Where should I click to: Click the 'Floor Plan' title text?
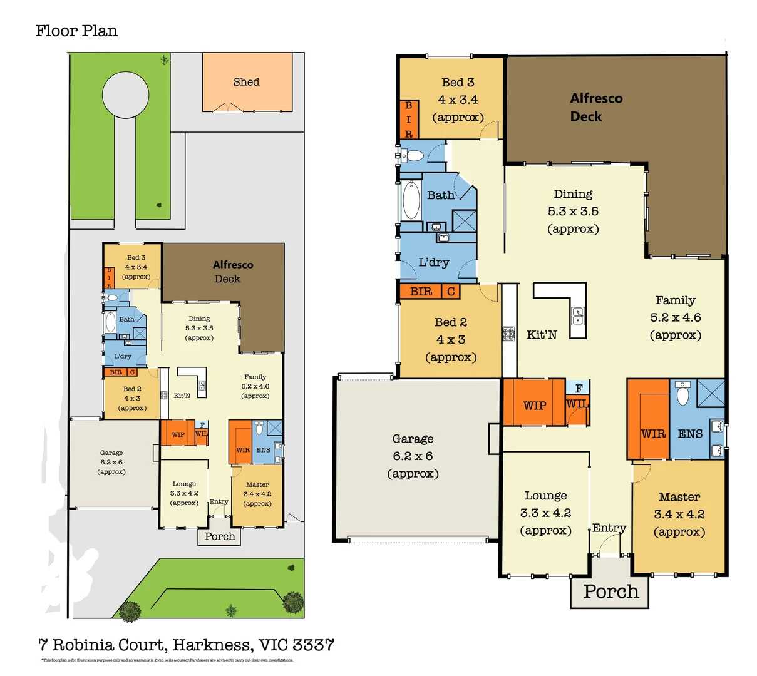[76, 31]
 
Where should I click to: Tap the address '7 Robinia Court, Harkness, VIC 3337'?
[186, 645]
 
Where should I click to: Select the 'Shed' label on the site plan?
[246, 82]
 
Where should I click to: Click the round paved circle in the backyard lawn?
[126, 95]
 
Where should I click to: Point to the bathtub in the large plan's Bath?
[411, 200]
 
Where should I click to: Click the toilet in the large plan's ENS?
[683, 395]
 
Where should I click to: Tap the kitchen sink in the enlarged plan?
[578, 315]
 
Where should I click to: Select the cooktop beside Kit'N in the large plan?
[508, 334]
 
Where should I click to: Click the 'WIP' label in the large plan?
[534, 406]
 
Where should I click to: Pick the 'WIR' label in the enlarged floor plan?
[653, 434]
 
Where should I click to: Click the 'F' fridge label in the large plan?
[579, 388]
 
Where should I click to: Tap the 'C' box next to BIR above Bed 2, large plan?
[451, 291]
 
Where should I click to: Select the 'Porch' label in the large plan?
[610, 591]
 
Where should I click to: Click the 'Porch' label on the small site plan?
[220, 536]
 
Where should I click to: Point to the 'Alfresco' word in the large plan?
[596, 98]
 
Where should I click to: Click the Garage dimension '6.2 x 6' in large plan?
[413, 456]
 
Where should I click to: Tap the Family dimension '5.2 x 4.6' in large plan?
[676, 318]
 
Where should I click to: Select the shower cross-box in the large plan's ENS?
[711, 393]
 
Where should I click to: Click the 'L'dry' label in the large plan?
[434, 262]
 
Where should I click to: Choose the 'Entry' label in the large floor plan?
[609, 528]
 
